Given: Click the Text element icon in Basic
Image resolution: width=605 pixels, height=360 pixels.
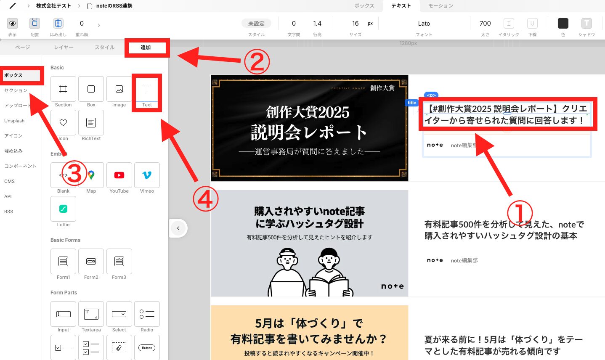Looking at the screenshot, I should click(x=147, y=89).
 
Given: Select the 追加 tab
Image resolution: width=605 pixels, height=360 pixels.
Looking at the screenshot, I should click(x=146, y=48).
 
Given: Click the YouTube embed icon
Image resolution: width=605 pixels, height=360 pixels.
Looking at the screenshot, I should click(x=119, y=175).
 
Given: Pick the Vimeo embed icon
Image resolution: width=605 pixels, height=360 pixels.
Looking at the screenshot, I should click(x=147, y=175).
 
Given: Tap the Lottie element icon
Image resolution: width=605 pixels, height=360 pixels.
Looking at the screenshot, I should click(x=63, y=209).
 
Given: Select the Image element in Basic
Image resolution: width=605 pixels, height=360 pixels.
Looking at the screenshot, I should click(x=119, y=89).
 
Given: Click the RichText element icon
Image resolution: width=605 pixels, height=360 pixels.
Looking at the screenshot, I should click(x=91, y=123).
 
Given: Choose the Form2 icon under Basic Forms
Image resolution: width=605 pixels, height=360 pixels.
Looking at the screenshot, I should click(x=91, y=262).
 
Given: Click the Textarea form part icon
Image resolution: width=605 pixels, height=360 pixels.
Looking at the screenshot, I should click(x=91, y=314).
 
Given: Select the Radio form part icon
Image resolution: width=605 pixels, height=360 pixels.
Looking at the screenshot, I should click(x=147, y=314).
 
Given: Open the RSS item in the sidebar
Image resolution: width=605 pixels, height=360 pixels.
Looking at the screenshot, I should click(x=9, y=212).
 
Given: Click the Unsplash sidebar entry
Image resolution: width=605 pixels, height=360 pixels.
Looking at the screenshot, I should click(x=14, y=121).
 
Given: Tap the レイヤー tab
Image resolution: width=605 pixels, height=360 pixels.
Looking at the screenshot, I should click(x=64, y=48).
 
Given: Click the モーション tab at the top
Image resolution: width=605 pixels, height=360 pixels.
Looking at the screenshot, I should click(x=440, y=6).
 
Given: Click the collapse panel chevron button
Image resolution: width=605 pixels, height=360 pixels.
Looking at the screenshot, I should click(x=178, y=228).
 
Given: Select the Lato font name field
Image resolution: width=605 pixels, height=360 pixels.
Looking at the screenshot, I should click(x=424, y=24).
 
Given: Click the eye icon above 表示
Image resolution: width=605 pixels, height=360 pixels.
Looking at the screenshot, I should click(x=13, y=24).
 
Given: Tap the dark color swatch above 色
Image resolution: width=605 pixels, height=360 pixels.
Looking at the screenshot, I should click(x=563, y=24).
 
